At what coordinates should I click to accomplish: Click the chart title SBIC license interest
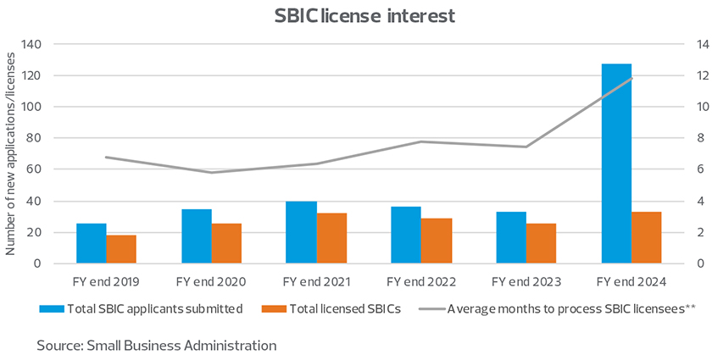pos(356,16)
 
